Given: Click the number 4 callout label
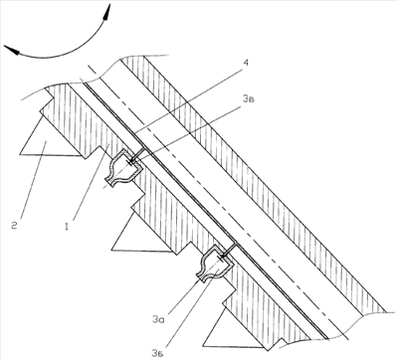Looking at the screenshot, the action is point(245,63).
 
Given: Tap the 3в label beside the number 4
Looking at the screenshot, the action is point(249,98).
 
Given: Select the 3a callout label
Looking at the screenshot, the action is point(158,319).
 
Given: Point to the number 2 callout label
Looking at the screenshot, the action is point(14,226).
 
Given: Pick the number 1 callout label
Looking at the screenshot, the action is point(67,227).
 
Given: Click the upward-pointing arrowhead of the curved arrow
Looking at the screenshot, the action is point(106,12).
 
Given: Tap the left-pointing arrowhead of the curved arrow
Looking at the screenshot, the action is point(12,51).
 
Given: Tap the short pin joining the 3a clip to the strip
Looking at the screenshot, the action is point(230,250).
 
